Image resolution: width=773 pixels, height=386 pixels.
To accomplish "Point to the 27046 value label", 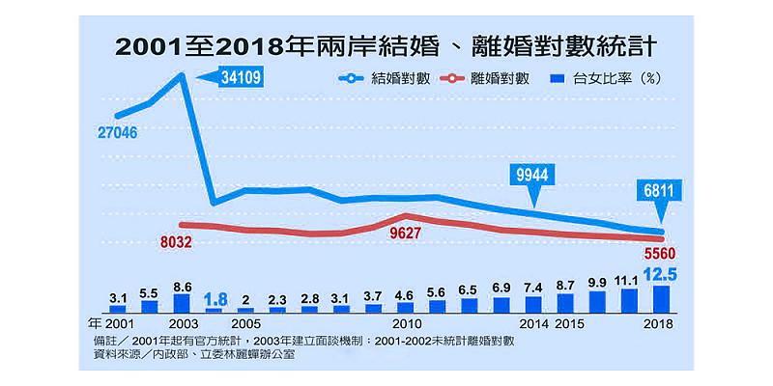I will (117, 131).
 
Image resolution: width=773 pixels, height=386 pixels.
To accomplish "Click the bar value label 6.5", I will (469, 289).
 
